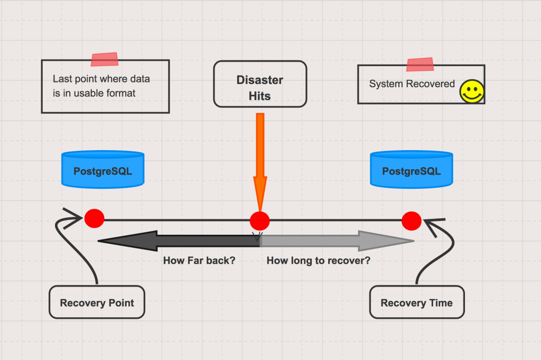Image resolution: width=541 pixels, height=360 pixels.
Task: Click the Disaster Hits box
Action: pyautogui.click(x=260, y=84)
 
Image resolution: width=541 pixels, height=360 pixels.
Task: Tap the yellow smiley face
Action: pyautogui.click(x=472, y=91)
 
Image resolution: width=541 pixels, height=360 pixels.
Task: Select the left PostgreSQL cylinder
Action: pyautogui.click(x=103, y=170)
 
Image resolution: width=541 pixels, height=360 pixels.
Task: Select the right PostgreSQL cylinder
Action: pyautogui.click(x=411, y=170)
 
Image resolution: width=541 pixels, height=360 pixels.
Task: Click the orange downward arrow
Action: pyautogui.click(x=260, y=162)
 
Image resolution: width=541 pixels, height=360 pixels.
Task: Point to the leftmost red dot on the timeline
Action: pyautogui.click(x=94, y=218)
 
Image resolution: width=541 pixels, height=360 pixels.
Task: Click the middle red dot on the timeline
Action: pyautogui.click(x=259, y=221)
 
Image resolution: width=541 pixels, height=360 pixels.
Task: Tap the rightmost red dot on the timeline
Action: pyautogui.click(x=411, y=221)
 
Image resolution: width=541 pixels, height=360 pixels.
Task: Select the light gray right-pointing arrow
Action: pyautogui.click(x=337, y=241)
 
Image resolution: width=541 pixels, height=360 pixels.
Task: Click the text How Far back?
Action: pyautogui.click(x=199, y=260)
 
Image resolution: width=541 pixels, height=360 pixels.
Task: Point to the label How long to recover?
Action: pyautogui.click(x=319, y=261)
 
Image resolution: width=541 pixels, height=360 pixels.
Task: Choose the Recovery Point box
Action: pyautogui.click(x=97, y=302)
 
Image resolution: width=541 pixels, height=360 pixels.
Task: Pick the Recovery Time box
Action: pyautogui.click(x=417, y=302)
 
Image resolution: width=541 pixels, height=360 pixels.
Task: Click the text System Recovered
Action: pyautogui.click(x=412, y=84)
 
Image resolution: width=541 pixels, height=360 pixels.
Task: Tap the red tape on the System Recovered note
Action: pyautogui.click(x=420, y=64)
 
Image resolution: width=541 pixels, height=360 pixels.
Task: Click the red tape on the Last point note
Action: pyautogui.click(x=105, y=59)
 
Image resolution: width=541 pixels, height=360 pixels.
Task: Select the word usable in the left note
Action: pyautogui.click(x=89, y=93)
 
